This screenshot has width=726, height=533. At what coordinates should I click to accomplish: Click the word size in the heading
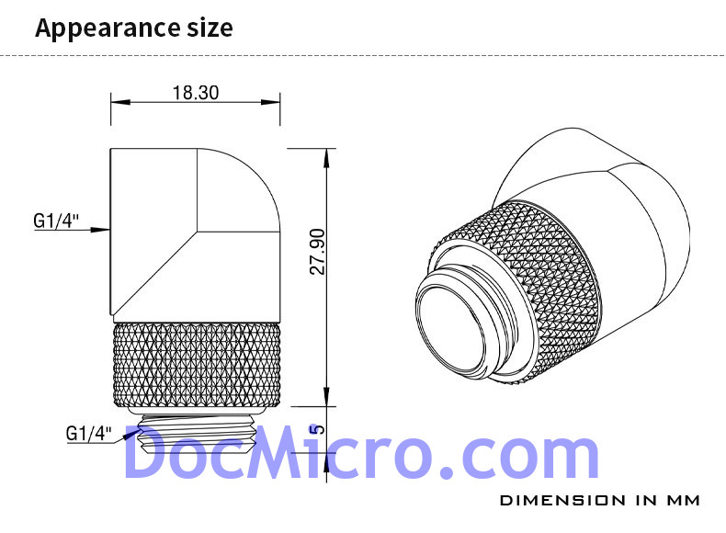pyautogui.click(x=210, y=28)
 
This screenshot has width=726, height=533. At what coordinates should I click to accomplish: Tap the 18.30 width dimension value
pyautogui.click(x=196, y=93)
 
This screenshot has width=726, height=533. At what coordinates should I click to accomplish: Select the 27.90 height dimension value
pyautogui.click(x=318, y=252)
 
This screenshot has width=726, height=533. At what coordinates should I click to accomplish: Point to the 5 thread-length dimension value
pyautogui.click(x=318, y=429)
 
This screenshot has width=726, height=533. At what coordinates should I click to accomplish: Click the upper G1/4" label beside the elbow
pyautogui.click(x=56, y=221)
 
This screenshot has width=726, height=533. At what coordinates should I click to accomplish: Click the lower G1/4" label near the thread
pyautogui.click(x=89, y=434)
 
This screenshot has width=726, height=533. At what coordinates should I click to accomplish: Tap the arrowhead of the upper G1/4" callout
pyautogui.click(x=100, y=229)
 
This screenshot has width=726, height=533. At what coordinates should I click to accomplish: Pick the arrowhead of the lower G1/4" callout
pyautogui.click(x=131, y=434)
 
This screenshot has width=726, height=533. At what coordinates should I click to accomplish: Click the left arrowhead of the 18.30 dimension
pyautogui.click(x=120, y=102)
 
